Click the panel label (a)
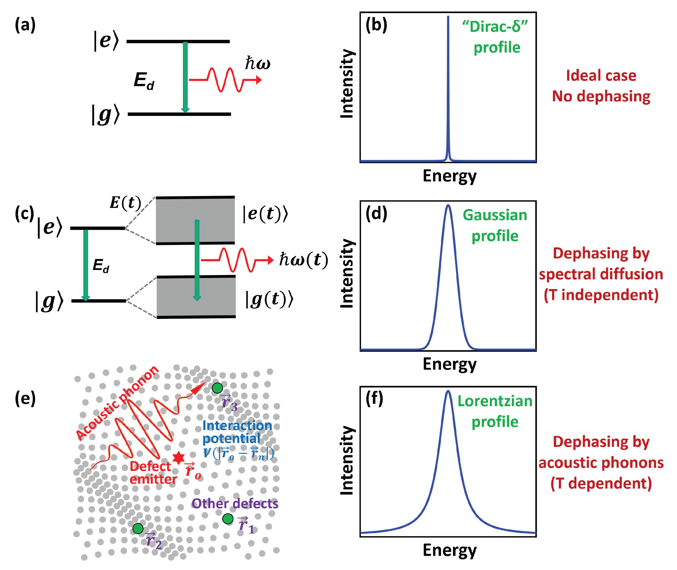[25, 25]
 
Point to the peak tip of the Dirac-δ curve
[448, 17]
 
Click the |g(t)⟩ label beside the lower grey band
[269, 299]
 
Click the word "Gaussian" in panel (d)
[495, 215]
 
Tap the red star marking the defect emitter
[178, 458]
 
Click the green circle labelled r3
[217, 388]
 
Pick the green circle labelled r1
[228, 519]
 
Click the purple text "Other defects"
[235, 504]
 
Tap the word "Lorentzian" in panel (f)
[495, 401]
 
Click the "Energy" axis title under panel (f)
[449, 550]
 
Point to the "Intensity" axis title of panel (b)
[347, 84]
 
